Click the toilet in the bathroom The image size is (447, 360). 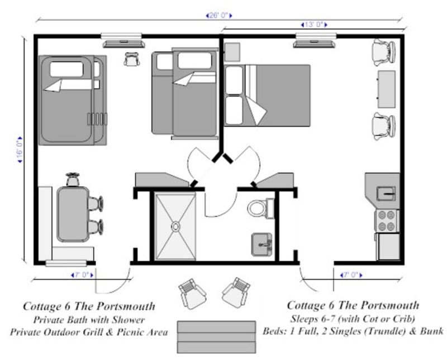click(x=258, y=208)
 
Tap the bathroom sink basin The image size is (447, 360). click(x=262, y=243)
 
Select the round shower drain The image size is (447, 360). click(x=175, y=227)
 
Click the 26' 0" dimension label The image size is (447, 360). click(x=218, y=16)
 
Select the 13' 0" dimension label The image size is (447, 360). click(x=313, y=25)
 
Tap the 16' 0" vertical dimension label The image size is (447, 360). click(x=21, y=150)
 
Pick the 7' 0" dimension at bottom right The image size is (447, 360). click(x=350, y=275)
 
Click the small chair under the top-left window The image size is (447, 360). click(x=132, y=59)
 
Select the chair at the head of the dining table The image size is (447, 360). click(x=73, y=180)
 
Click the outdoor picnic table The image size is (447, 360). click(x=212, y=337)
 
